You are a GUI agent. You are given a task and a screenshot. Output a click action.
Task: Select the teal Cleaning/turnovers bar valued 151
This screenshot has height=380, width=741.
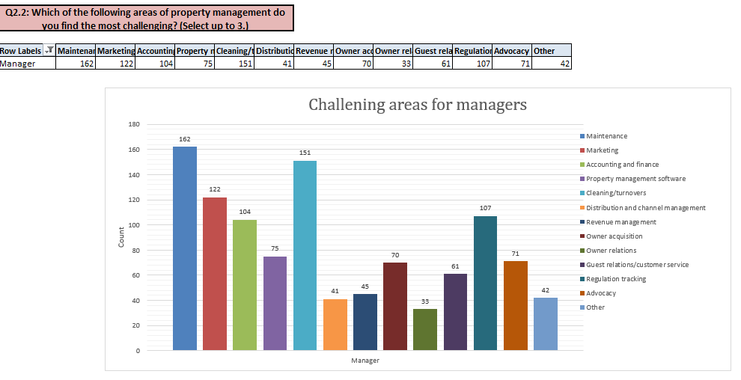click(x=305, y=255)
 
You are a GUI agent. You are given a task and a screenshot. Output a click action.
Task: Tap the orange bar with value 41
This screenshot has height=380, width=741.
click(x=335, y=325)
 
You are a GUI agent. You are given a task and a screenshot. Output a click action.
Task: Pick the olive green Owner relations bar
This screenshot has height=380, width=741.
click(x=425, y=329)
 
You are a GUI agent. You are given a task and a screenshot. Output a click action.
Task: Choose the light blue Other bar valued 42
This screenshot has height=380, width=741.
click(x=546, y=324)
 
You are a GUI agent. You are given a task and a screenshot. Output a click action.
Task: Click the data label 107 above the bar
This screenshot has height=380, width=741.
click(x=485, y=207)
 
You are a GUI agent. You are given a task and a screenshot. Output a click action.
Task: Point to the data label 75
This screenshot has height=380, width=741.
click(x=275, y=248)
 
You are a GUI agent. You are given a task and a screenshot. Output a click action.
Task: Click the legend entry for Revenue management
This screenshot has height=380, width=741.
click(x=620, y=222)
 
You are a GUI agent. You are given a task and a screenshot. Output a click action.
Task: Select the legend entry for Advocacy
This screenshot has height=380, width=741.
click(x=600, y=293)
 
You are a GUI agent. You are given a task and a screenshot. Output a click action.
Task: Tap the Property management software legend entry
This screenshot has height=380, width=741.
click(x=635, y=179)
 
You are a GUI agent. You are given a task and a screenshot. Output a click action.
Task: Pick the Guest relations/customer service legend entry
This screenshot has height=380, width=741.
click(x=637, y=265)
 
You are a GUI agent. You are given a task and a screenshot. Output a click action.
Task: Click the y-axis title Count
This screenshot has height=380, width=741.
click(x=121, y=236)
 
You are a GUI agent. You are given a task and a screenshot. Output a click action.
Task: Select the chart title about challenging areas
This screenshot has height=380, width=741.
click(x=418, y=105)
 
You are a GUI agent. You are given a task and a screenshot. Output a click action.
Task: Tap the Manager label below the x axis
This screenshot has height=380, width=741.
click(x=365, y=361)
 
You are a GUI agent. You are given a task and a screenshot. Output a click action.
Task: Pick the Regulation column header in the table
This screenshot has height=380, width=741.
click(x=473, y=51)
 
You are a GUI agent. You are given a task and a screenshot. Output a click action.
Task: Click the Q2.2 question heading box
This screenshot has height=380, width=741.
click(x=147, y=16)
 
